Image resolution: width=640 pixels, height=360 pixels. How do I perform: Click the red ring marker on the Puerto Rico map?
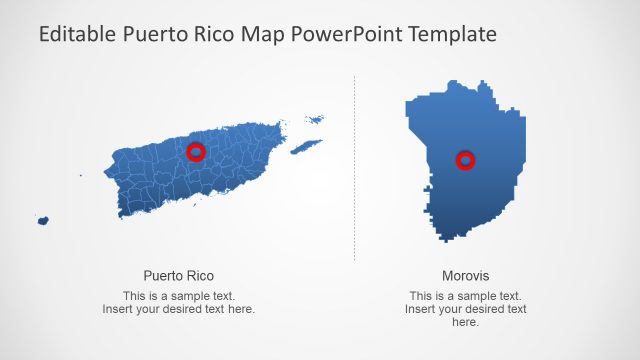[196, 152]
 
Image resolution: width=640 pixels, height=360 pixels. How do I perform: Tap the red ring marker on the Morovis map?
[465, 160]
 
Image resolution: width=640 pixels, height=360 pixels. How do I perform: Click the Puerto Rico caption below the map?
[179, 275]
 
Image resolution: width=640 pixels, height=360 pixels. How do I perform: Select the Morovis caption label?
[466, 275]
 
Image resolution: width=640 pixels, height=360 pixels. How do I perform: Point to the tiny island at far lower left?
[43, 220]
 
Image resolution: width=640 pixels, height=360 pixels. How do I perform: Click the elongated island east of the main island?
[306, 147]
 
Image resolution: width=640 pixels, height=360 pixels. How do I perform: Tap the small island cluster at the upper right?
[315, 120]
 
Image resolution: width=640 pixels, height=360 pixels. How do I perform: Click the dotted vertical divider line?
[355, 170]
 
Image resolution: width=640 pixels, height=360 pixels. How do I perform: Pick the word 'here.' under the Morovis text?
[466, 322]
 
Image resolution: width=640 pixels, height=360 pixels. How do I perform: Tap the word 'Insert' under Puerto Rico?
[118, 309]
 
